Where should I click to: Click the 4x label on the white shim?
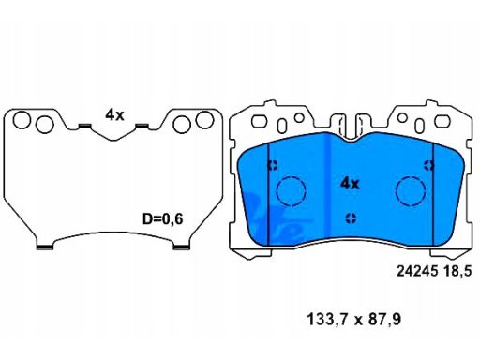coord(114,115)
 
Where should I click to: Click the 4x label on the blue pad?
coord(350,184)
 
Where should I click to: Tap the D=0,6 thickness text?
coord(162,219)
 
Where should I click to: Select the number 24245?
coord(417,271)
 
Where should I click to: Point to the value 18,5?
coord(457,271)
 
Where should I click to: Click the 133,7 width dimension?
coord(327,320)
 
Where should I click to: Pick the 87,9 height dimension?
coord(384,320)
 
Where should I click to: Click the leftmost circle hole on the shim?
coord(22,120)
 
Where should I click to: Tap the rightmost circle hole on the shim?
coord(204,120)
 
